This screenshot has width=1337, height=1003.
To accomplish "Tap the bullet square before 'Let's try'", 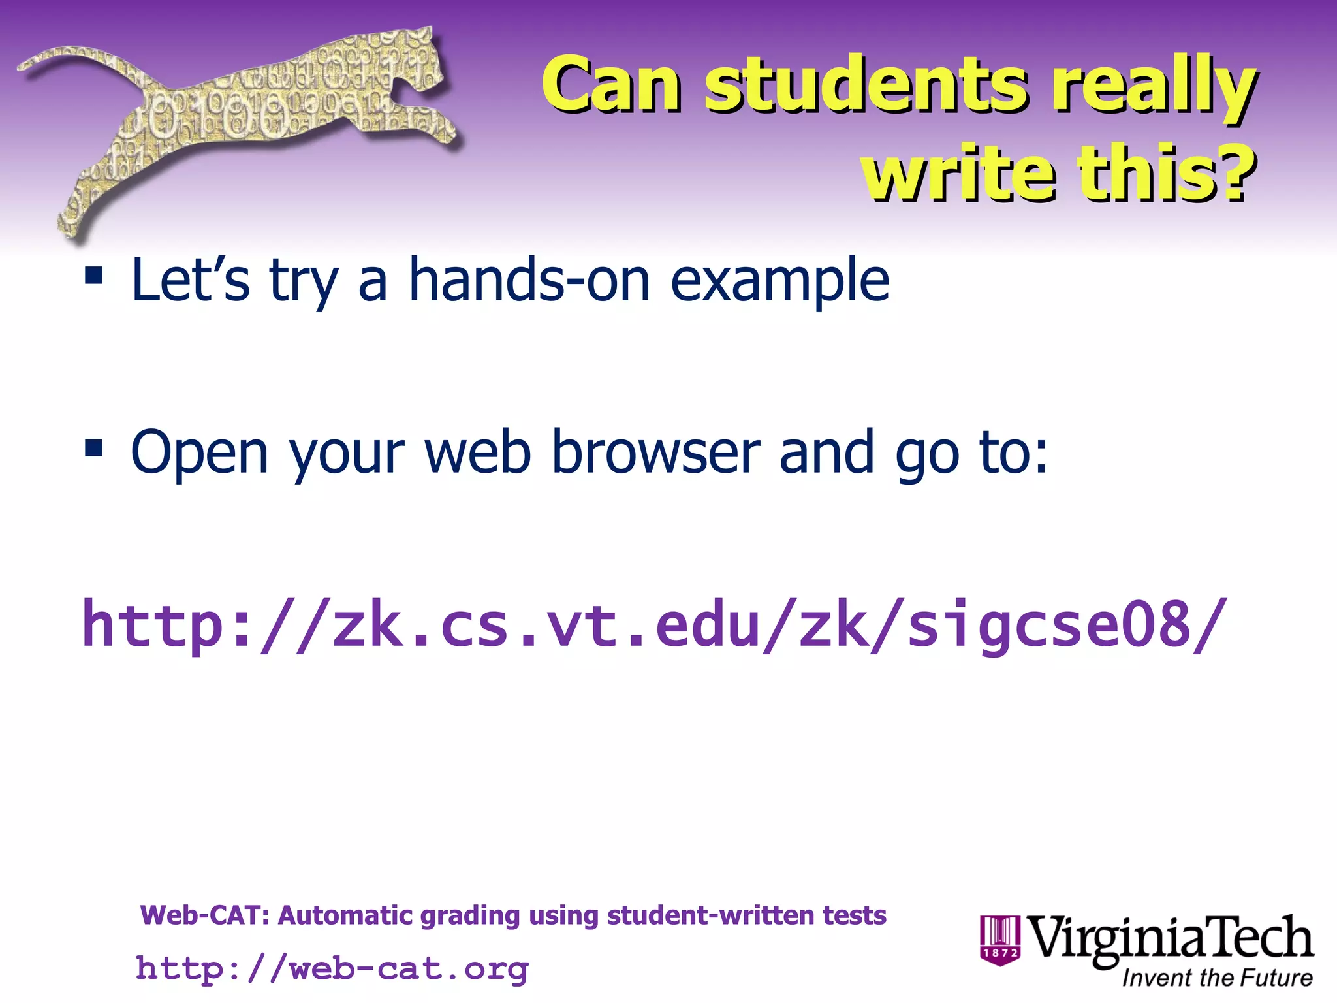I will click(94, 276).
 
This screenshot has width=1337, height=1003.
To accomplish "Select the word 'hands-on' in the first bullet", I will click(529, 279).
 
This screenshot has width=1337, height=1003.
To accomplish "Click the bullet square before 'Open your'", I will click(94, 449).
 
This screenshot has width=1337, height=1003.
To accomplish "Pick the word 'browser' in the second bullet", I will click(655, 452).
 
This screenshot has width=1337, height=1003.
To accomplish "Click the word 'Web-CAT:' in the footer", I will click(205, 915).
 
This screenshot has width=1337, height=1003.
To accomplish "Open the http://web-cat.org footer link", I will click(332, 968).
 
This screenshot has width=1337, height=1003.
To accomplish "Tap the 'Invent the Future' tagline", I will click(1217, 978).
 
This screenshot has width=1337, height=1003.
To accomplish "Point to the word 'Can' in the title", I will click(611, 85).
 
